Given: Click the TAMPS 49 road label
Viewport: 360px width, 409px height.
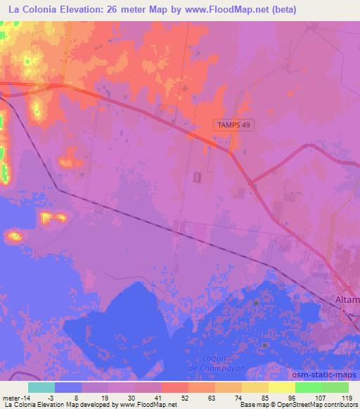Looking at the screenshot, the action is coord(232,124).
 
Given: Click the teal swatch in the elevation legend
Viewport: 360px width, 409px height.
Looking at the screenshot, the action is coord(41,387).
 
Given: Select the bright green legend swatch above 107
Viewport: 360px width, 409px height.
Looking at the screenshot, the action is coord(308,387).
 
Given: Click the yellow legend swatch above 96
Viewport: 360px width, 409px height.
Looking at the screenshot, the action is coord(281,387).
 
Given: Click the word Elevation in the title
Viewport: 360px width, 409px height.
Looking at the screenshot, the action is coord(83,10).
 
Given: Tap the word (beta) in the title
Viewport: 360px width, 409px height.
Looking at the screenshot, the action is coord(281,10).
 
